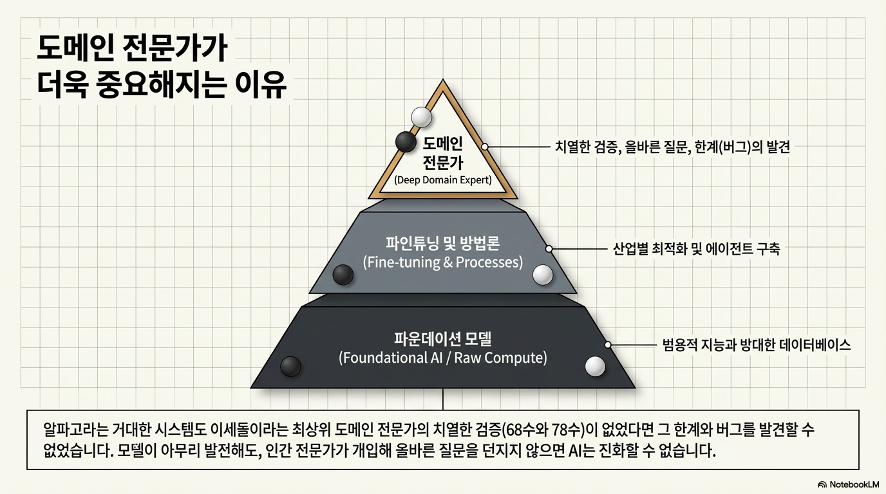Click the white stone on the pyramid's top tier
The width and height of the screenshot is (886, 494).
(421, 116)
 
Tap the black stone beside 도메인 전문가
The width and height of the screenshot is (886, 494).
(406, 142)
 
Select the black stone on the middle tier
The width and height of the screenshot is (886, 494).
(343, 275)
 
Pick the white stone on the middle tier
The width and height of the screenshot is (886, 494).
(543, 275)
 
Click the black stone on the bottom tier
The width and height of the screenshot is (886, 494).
(291, 366)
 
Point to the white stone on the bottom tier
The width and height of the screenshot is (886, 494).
(595, 366)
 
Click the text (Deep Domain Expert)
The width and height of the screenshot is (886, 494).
(443, 179)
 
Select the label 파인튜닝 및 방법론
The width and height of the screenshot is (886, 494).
(443, 244)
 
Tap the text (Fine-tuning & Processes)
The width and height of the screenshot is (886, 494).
(443, 262)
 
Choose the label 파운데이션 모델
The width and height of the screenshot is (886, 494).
(443, 338)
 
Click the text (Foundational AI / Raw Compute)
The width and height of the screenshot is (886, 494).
(443, 358)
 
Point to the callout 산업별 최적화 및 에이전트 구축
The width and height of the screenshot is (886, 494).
(696, 249)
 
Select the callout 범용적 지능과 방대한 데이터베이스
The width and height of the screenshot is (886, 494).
(757, 345)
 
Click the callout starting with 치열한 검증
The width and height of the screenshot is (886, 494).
(672, 147)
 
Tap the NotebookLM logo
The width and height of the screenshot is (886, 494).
(848, 484)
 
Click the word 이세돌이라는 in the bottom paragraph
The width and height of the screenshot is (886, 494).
(265, 428)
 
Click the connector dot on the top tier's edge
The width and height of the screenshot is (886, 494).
(485, 147)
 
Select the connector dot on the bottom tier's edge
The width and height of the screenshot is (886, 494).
(607, 345)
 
